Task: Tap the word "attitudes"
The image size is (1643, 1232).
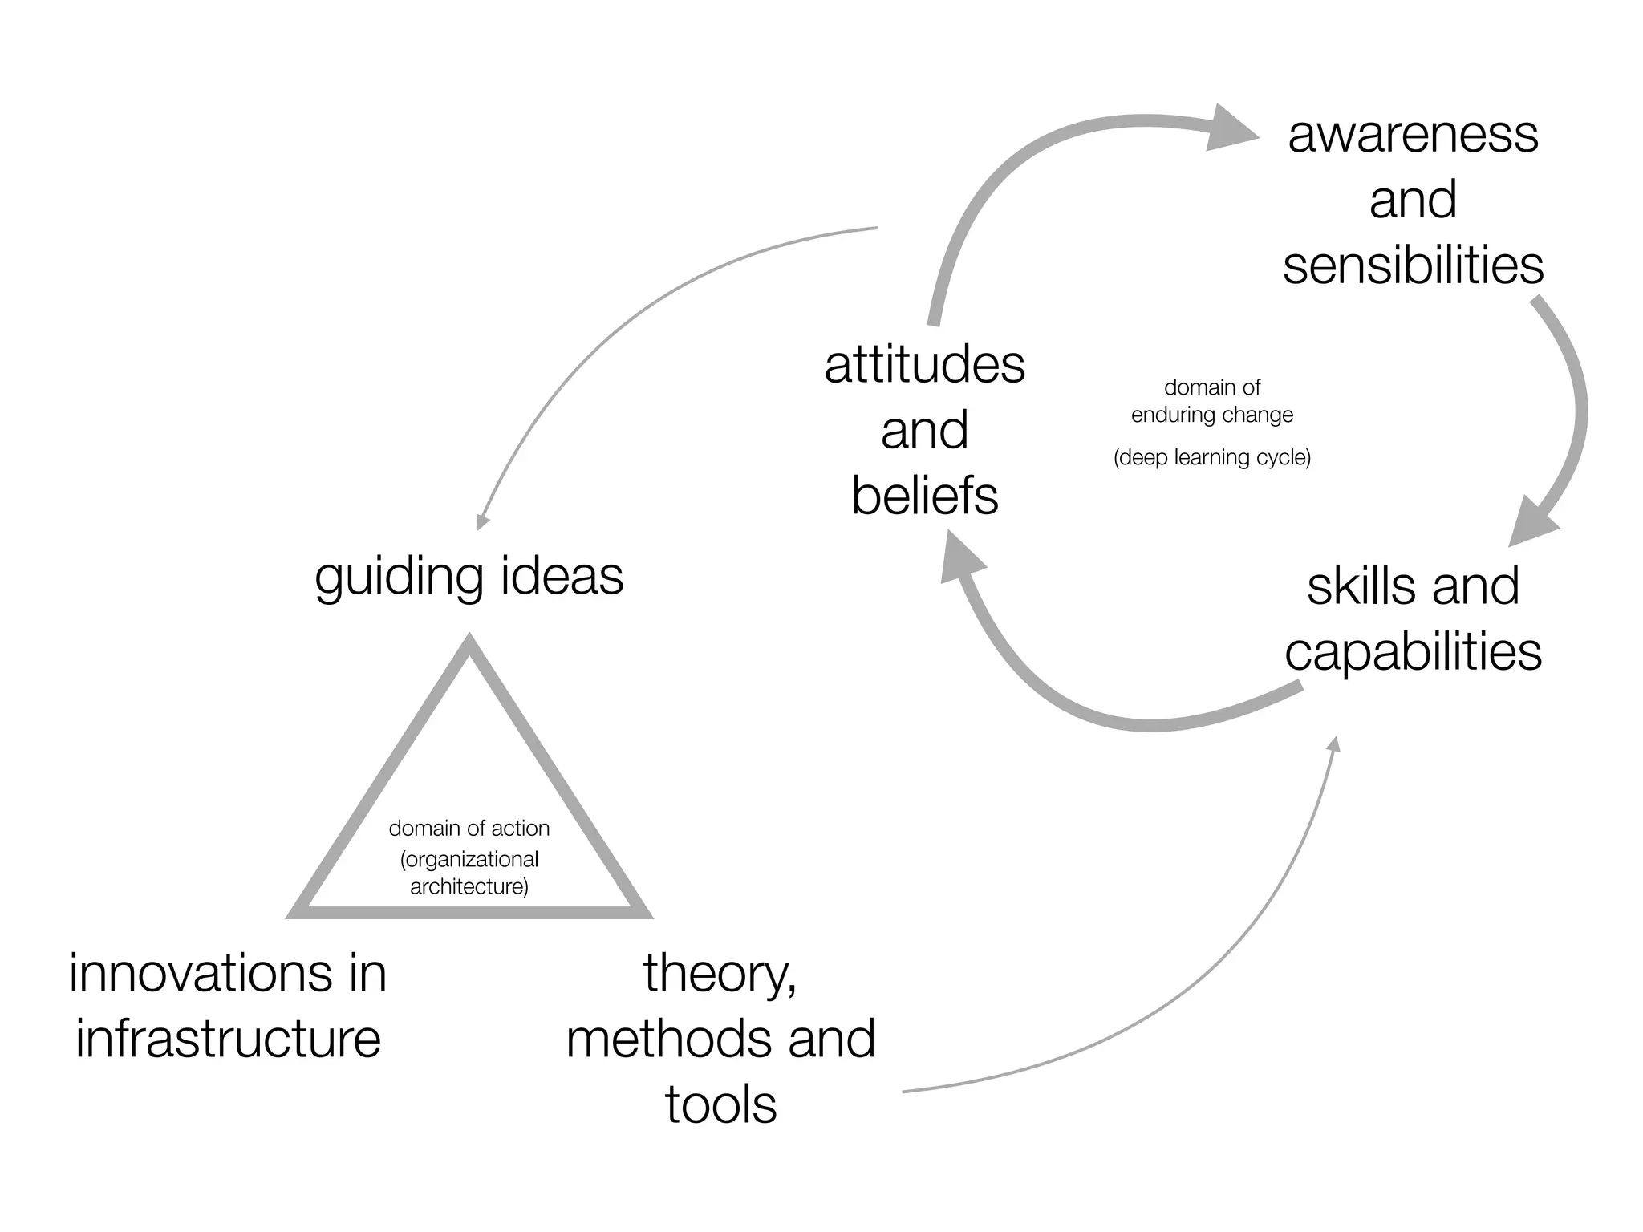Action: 924,365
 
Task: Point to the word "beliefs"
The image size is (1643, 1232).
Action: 924,496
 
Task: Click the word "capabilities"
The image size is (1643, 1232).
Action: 1413,652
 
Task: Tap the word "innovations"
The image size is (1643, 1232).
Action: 199,974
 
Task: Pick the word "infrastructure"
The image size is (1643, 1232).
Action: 228,1039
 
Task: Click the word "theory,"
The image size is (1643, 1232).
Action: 720,975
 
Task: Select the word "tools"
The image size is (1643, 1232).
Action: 720,1105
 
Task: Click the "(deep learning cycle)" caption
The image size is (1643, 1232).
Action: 1211,458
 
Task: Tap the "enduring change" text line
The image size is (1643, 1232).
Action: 1211,415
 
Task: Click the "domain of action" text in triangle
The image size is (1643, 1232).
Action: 469,829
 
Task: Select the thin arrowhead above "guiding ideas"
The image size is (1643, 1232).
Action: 482,522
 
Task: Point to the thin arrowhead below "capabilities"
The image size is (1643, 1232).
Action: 1334,744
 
